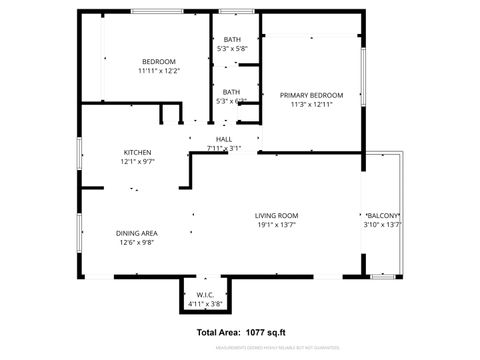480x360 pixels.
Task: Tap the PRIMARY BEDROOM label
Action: point(310,94)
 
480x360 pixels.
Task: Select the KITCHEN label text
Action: point(137,152)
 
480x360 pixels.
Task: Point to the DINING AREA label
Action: point(137,232)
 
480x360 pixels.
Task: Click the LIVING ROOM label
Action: point(277,215)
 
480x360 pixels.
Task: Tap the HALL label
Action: point(224,139)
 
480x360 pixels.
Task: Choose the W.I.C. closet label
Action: point(205,294)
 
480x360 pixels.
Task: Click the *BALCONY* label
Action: point(383,216)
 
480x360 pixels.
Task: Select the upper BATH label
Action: point(232,39)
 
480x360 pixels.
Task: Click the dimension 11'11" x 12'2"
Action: point(157,72)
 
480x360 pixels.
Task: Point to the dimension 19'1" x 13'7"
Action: point(277,225)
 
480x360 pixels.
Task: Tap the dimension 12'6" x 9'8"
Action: point(137,241)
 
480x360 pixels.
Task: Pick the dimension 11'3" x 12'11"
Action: point(310,104)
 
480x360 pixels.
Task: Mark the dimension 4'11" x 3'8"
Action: point(205,303)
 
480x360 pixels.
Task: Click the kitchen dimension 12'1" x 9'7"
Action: point(137,161)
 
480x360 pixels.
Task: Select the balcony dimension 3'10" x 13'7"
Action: point(383,225)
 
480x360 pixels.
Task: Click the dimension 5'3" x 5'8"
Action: point(232,48)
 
